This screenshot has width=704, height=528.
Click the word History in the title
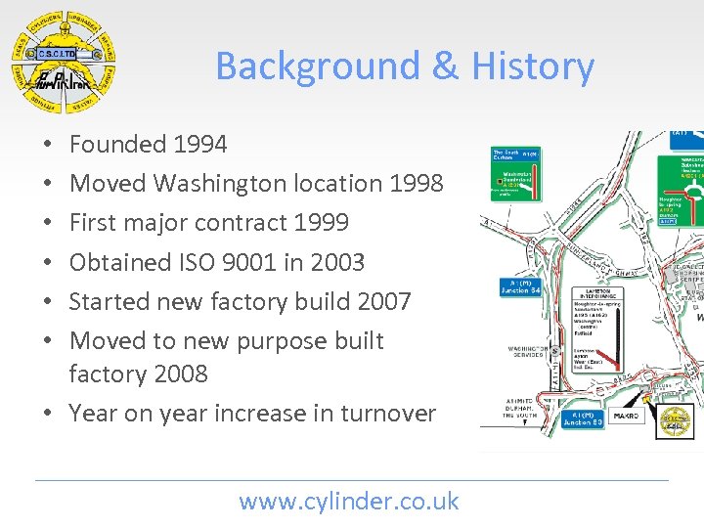pos(533,66)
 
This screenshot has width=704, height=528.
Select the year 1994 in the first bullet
pos(199,145)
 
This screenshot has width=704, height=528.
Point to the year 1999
pos(320,223)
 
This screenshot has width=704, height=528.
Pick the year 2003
pos(335,262)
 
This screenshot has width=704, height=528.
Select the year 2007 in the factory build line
pos(383,301)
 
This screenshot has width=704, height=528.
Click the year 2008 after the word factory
pos(181,374)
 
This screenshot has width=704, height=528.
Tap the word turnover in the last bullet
pos(388,414)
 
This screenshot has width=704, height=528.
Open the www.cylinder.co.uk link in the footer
pos(349,502)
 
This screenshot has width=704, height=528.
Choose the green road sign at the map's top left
pos(515,172)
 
